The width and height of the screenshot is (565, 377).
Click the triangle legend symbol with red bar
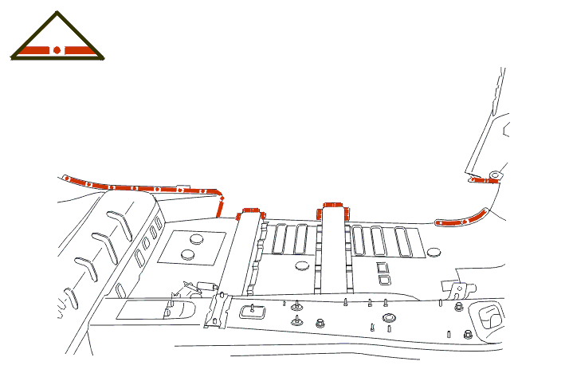coord(57,40)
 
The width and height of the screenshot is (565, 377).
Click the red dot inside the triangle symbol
coord(57,50)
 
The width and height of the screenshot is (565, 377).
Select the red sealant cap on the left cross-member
coord(251,213)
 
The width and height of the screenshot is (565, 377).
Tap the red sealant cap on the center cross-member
coord(332,209)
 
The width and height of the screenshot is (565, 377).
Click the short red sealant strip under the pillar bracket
coord(483,180)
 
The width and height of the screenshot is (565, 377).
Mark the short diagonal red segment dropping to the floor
coord(221,206)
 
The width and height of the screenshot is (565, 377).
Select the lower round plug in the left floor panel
coord(188,254)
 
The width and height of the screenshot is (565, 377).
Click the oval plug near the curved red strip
coord(434,252)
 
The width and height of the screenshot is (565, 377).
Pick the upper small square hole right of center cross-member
coord(383,267)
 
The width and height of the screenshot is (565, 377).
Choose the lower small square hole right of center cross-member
coord(383,279)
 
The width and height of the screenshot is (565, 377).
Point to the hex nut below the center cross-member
coord(320,323)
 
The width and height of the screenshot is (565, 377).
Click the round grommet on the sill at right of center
coord(388,318)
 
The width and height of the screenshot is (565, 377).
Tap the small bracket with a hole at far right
coord(452,289)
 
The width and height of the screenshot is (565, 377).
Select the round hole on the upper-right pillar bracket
coord(494,173)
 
